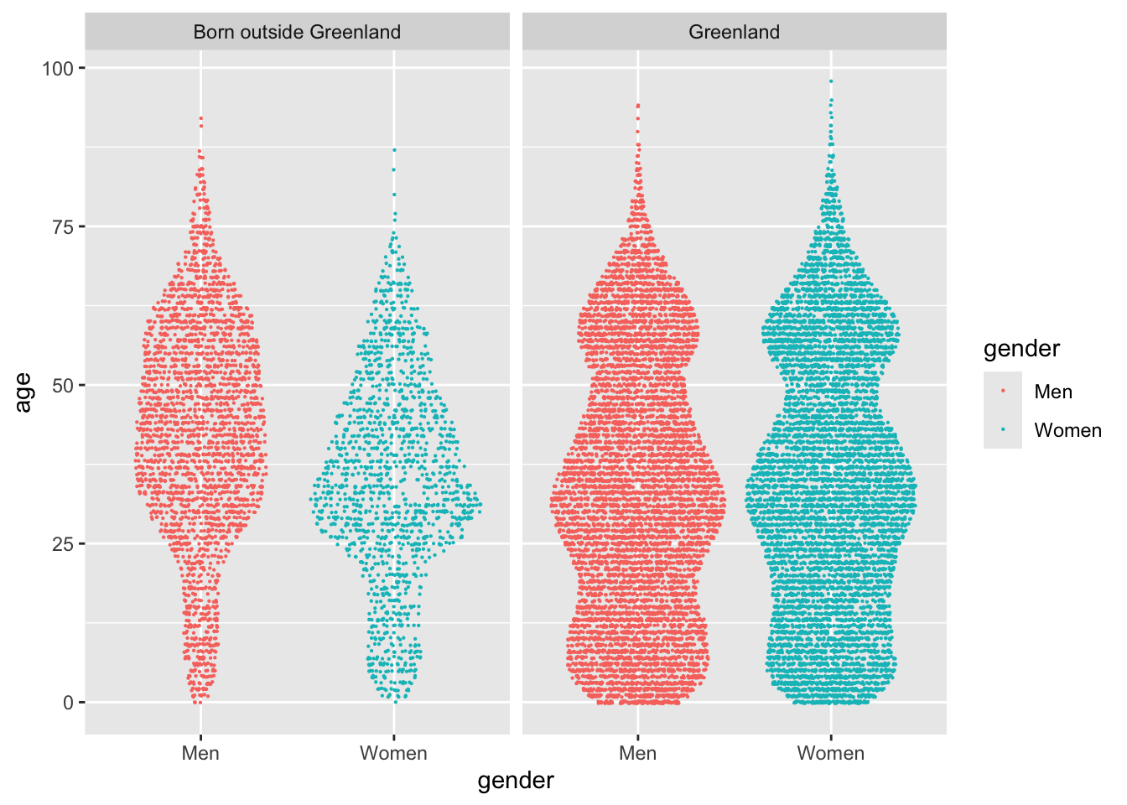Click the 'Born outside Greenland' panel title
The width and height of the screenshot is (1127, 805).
pyautogui.click(x=297, y=32)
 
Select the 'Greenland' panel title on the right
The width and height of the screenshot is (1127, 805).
pyautogui.click(x=734, y=32)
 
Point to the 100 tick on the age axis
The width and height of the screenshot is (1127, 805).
pyautogui.click(x=58, y=68)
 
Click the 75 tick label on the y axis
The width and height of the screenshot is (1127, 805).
pyautogui.click(x=64, y=226)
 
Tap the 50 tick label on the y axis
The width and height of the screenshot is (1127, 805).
pyautogui.click(x=64, y=385)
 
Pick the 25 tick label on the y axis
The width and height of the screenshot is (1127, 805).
pyautogui.click(x=64, y=543)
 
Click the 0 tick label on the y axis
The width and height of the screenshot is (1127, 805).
pyautogui.click(x=69, y=703)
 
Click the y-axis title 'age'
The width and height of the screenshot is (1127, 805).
pyautogui.click(x=23, y=392)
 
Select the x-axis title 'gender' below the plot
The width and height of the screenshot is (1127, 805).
pyautogui.click(x=516, y=781)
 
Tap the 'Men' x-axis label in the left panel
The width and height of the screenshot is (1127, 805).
pyautogui.click(x=200, y=753)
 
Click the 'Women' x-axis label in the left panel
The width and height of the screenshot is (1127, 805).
pyautogui.click(x=393, y=753)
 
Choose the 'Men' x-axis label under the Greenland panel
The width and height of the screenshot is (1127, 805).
pyautogui.click(x=637, y=753)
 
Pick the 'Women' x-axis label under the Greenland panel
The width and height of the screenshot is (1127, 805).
pyautogui.click(x=830, y=753)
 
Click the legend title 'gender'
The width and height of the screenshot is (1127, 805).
pyautogui.click(x=1021, y=349)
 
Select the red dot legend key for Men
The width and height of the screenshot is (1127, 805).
pyautogui.click(x=1003, y=392)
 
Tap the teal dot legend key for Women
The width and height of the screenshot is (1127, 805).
pyautogui.click(x=1003, y=430)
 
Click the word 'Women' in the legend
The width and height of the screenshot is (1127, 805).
pyautogui.click(x=1067, y=430)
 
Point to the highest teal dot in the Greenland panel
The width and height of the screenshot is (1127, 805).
pyautogui.click(x=831, y=81)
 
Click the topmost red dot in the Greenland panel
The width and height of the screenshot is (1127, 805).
pyautogui.click(x=638, y=106)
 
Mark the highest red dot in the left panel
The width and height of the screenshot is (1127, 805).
pyautogui.click(x=201, y=119)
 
